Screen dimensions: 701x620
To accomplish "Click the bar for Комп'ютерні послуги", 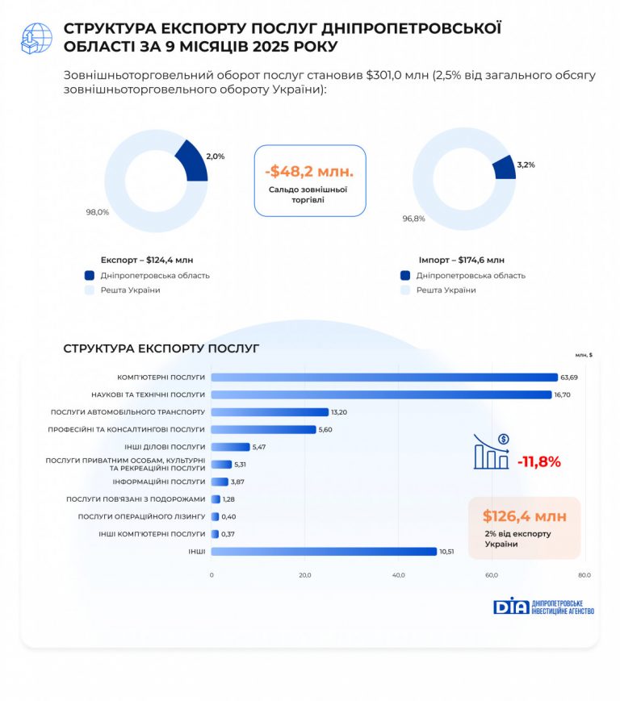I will tap(384, 377).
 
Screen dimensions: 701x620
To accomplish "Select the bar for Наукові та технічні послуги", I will tap(381, 394).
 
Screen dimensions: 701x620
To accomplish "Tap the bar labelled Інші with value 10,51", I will tap(324, 552).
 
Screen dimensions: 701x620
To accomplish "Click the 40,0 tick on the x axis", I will tap(398, 575).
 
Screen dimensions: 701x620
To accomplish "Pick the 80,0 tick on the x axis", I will tap(584, 575).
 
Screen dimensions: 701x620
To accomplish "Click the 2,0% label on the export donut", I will tap(216, 156).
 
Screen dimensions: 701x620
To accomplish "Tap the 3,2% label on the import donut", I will tap(526, 165).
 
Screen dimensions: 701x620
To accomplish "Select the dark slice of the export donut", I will tap(192, 160).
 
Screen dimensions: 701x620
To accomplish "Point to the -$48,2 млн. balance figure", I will tap(309, 172).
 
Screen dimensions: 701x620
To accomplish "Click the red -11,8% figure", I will tap(538, 462).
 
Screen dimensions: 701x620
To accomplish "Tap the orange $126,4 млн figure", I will tap(525, 516).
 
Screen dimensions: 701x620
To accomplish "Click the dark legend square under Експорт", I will tap(89, 275).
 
